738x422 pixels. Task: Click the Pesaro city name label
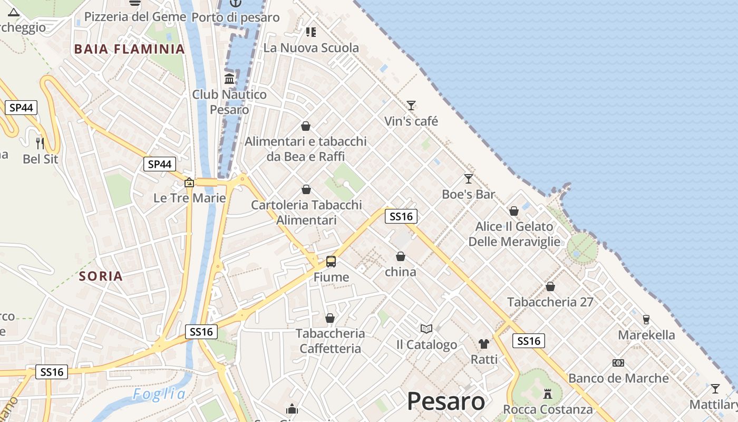(x=446, y=401)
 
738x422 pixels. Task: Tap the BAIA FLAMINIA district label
(x=129, y=49)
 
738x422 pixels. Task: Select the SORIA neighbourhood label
(x=101, y=276)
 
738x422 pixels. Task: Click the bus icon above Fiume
(x=331, y=261)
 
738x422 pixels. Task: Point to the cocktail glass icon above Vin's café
(x=411, y=105)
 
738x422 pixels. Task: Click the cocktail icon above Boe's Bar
(x=468, y=179)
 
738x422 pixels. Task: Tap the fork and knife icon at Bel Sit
(x=40, y=142)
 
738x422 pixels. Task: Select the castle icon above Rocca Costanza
(x=548, y=394)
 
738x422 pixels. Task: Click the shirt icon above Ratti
(x=484, y=344)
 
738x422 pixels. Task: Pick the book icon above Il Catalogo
(x=426, y=329)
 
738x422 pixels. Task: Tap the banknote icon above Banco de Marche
(x=618, y=363)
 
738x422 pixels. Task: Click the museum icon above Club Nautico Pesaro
(x=229, y=79)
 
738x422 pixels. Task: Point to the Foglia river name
(x=159, y=395)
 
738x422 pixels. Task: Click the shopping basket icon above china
(x=401, y=256)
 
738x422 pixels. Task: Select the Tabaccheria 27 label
(x=550, y=302)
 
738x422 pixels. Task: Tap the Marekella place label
(x=646, y=335)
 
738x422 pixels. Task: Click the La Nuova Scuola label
(x=311, y=48)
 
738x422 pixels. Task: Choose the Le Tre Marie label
(x=190, y=198)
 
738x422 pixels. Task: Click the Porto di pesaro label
(x=236, y=17)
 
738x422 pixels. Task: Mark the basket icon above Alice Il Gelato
(x=514, y=211)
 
